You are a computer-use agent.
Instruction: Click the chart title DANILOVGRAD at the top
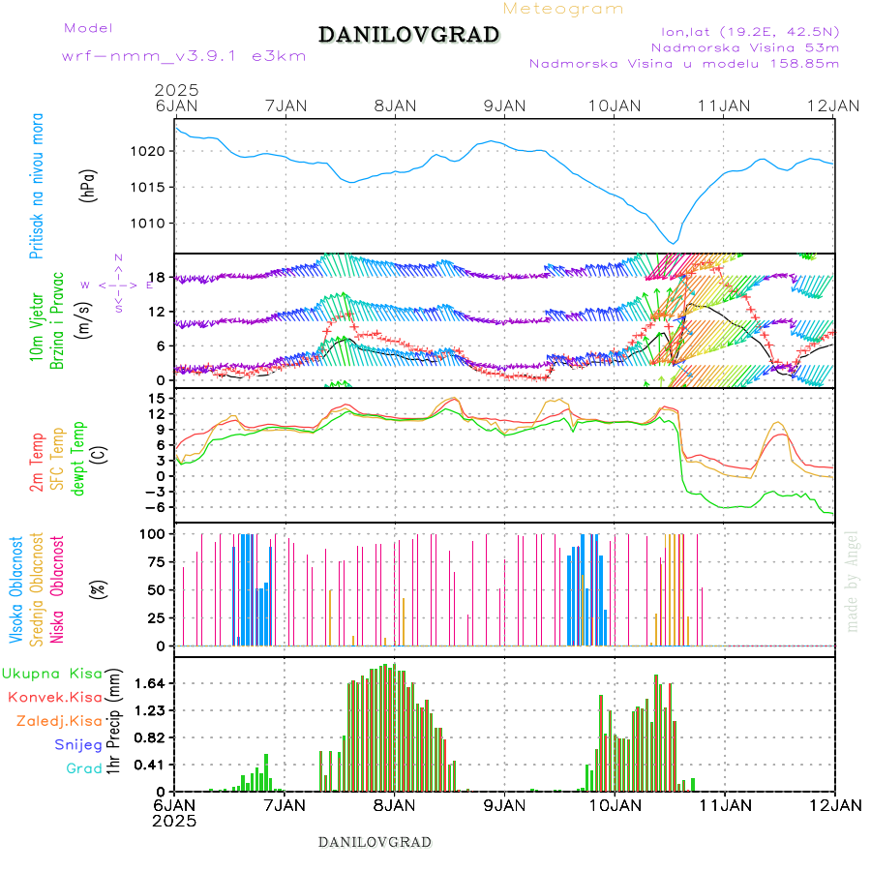click(x=408, y=36)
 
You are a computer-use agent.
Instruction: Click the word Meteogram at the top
click(x=564, y=9)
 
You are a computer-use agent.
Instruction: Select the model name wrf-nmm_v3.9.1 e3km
click(x=184, y=56)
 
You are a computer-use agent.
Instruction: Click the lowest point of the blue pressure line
click(x=674, y=243)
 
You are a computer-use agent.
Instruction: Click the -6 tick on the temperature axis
click(x=159, y=506)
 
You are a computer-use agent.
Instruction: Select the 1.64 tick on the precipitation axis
click(x=151, y=683)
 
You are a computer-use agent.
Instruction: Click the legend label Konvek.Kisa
click(x=54, y=697)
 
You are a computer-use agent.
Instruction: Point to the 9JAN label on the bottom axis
click(x=504, y=805)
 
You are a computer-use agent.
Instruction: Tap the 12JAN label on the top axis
click(x=834, y=105)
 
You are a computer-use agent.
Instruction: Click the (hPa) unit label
click(x=89, y=184)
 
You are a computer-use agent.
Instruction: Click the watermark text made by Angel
click(x=853, y=581)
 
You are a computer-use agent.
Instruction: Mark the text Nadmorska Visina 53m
click(x=745, y=46)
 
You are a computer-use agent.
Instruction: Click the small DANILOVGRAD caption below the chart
click(x=375, y=842)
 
